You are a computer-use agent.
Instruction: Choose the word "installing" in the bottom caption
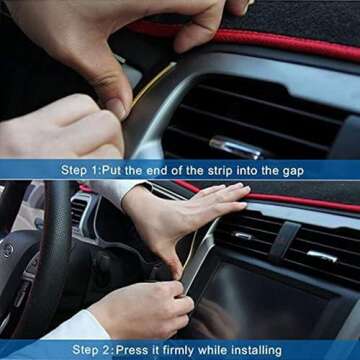[275, 350]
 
